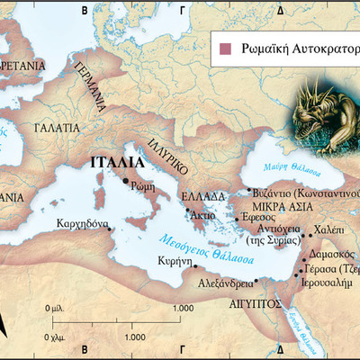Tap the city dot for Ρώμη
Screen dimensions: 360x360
coord(125,180)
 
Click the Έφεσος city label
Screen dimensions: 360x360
coord(256,218)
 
